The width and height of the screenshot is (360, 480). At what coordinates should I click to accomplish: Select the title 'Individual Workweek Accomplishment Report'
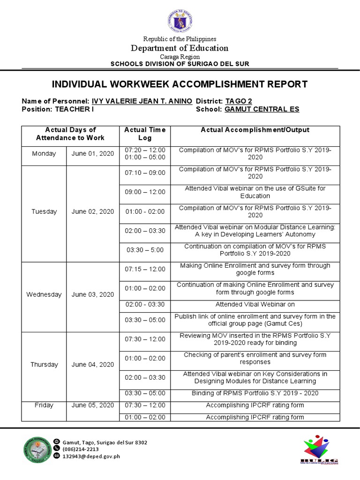pyautogui.click(x=180, y=84)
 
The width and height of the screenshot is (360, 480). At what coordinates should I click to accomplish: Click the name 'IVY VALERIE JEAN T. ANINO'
pyautogui.click(x=142, y=101)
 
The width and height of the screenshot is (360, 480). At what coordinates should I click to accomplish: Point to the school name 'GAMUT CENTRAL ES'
pyautogui.click(x=262, y=109)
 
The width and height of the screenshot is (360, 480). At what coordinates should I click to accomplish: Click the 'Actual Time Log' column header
pyautogui.click(x=145, y=134)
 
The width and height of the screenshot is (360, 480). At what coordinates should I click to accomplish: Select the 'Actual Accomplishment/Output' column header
pyautogui.click(x=255, y=130)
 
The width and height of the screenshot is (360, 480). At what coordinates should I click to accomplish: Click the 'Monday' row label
pyautogui.click(x=44, y=153)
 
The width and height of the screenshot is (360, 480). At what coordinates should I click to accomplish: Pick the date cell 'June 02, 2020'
pyautogui.click(x=93, y=211)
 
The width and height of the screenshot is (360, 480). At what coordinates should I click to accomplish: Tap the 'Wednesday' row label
pyautogui.click(x=44, y=294)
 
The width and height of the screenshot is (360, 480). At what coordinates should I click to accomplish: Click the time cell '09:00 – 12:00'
pyautogui.click(x=145, y=192)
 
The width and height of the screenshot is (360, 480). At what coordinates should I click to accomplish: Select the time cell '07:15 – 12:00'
pyautogui.click(x=145, y=269)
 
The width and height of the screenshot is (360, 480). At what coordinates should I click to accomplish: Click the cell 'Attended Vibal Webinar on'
pyautogui.click(x=255, y=304)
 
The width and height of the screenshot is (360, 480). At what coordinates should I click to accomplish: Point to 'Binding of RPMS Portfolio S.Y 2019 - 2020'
pyautogui.click(x=255, y=393)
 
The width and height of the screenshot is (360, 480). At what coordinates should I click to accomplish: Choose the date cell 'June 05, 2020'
pyautogui.click(x=93, y=405)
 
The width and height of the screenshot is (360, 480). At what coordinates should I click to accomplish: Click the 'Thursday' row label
pyautogui.click(x=44, y=364)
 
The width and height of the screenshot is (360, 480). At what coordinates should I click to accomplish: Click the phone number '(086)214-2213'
pyautogui.click(x=80, y=449)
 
